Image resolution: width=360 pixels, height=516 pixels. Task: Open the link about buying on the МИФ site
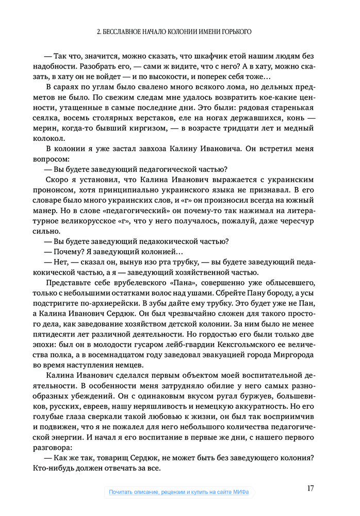(x=179, y=492)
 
